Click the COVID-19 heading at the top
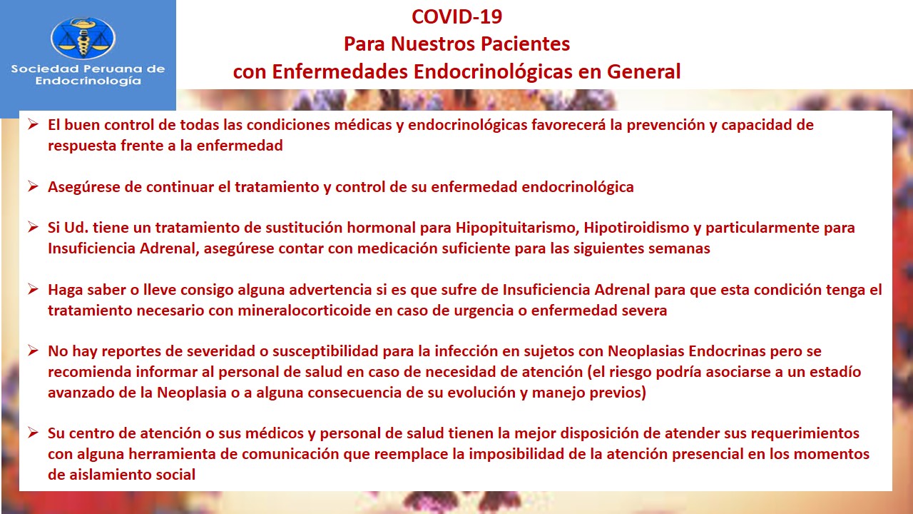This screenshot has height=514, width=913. point(456,16)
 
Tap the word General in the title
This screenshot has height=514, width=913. point(644,71)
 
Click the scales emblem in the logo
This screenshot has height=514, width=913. point(83,38)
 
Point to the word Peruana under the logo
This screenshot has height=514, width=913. point(110,69)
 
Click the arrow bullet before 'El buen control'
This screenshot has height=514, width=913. point(33,124)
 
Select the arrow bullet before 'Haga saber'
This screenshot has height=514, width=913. point(33,289)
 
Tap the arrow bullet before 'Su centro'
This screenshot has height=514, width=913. point(33,433)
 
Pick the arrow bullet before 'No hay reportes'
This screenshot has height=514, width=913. point(33,351)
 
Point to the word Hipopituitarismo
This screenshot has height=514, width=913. point(518,228)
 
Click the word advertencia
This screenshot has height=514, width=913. point(330,290)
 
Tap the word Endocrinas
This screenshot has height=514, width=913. point(727,351)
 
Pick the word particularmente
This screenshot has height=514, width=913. point(762,228)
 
